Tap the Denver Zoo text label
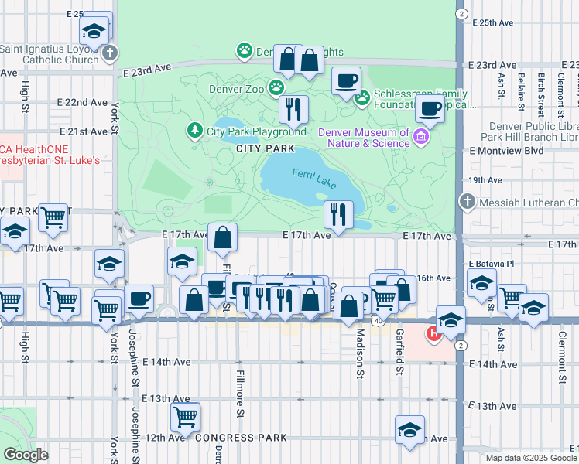pyautogui.click(x=236, y=88)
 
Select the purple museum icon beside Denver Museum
pyautogui.click(x=421, y=138)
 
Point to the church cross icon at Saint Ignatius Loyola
pyautogui.click(x=110, y=53)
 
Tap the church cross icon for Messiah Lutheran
pyautogui.click(x=466, y=202)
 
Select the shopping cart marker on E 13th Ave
pyautogui.click(x=185, y=416)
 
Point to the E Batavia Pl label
pyautogui.click(x=491, y=264)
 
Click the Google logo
pyautogui.click(x=26, y=455)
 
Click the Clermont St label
pyautogui.click(x=563, y=358)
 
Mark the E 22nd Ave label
pyautogui.click(x=82, y=102)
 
